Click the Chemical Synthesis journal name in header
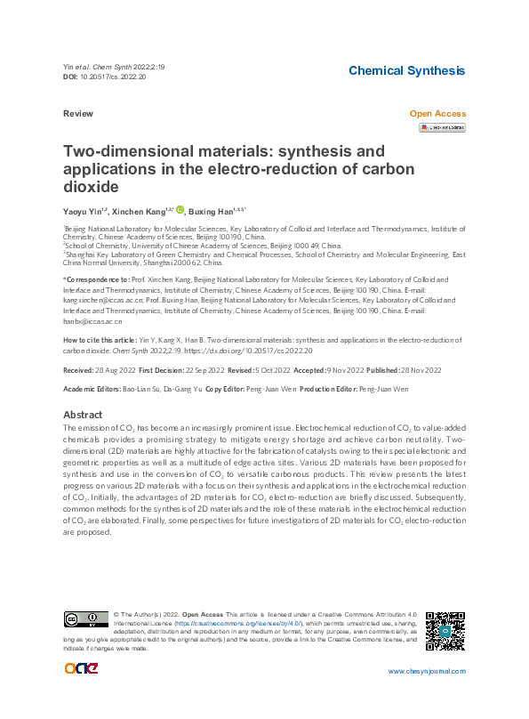click(x=406, y=70)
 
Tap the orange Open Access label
click(x=437, y=114)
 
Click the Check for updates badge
click(x=442, y=128)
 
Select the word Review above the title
click(x=79, y=114)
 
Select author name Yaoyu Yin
click(x=85, y=211)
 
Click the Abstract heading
click(x=83, y=415)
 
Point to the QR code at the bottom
click(x=445, y=630)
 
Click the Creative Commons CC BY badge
click(x=84, y=618)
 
